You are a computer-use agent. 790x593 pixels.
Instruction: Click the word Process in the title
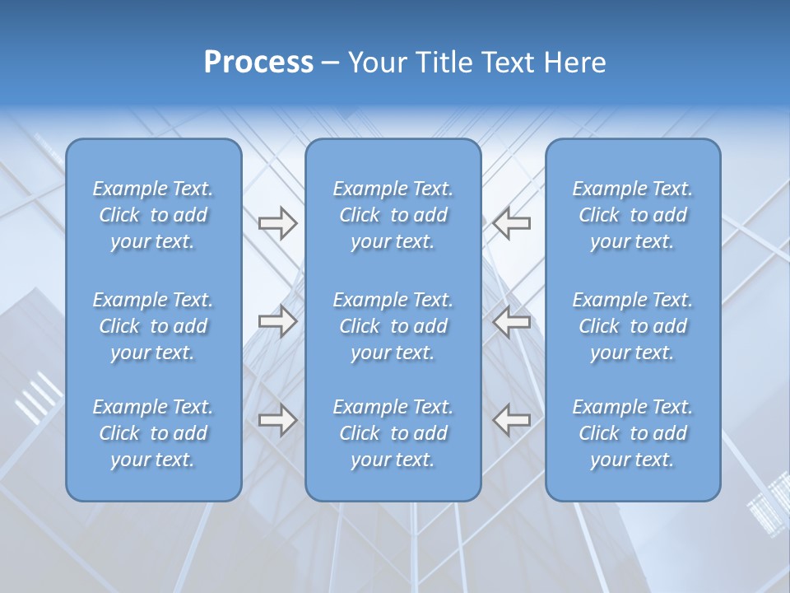click(258, 63)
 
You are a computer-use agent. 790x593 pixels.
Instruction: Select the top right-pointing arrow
click(277, 223)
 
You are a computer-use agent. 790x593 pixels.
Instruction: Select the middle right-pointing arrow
click(277, 321)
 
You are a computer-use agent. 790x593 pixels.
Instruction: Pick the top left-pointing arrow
click(512, 223)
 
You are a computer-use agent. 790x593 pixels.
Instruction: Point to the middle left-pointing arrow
click(512, 321)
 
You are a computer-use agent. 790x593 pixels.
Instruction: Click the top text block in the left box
click(153, 215)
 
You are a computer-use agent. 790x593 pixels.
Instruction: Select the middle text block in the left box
click(153, 326)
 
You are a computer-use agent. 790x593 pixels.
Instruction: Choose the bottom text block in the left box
click(153, 433)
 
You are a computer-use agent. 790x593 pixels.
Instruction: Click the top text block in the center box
click(393, 215)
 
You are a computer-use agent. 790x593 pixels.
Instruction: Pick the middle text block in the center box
click(393, 326)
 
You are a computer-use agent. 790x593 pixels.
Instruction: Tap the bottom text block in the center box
click(393, 433)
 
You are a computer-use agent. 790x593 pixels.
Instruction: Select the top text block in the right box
click(633, 215)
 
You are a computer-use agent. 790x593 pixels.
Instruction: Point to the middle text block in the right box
click(633, 326)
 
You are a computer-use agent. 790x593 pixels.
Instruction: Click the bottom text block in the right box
click(633, 433)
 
